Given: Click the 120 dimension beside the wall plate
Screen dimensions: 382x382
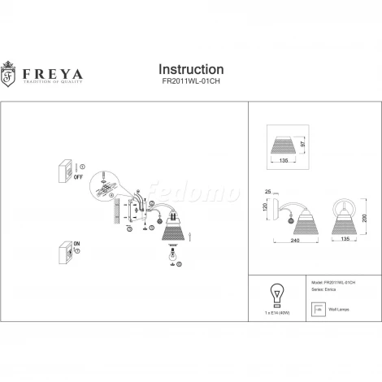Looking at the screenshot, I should click(x=265, y=208).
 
